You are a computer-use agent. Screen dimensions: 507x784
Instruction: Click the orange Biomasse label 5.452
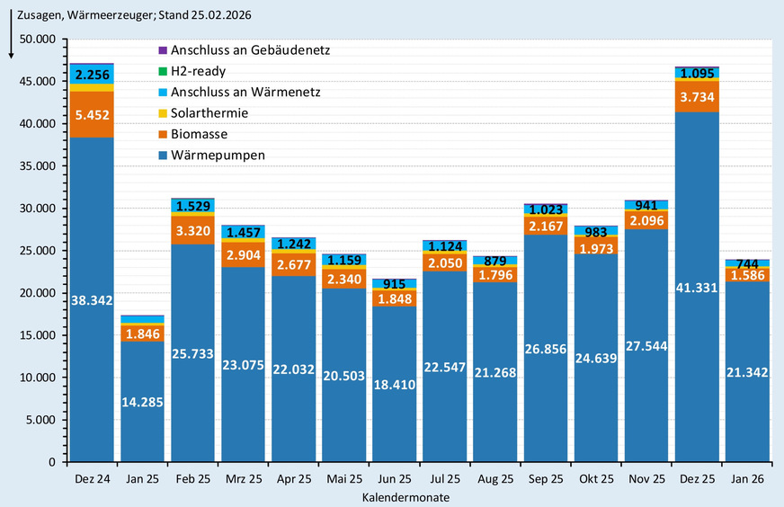(92, 114)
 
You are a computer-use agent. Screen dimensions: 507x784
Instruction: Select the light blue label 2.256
(92, 75)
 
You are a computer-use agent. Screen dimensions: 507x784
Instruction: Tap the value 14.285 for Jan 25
(142, 402)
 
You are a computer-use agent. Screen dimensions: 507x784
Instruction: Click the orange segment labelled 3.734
(696, 97)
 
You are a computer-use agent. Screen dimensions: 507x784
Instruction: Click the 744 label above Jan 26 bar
(746, 263)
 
